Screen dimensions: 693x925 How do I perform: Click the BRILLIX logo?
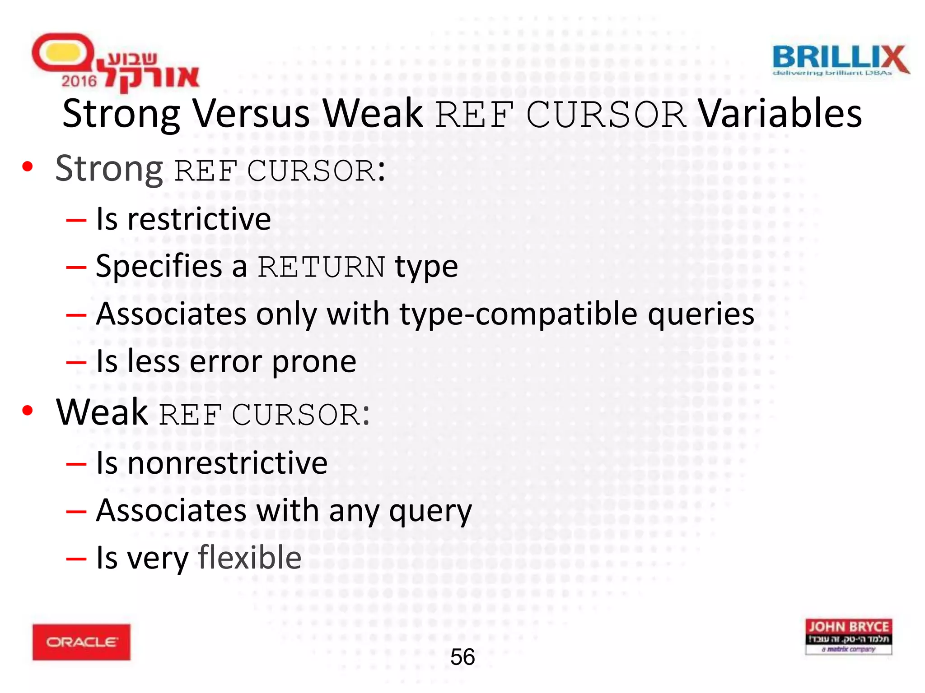pyautogui.click(x=840, y=60)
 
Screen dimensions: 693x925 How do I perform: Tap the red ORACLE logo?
pyautogui.click(x=81, y=642)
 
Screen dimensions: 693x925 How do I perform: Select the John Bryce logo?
pyautogui.click(x=848, y=636)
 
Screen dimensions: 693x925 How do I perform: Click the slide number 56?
pyautogui.click(x=462, y=657)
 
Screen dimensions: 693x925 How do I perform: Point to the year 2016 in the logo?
pyautogui.click(x=79, y=81)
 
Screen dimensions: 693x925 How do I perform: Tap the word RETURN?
pyautogui.click(x=321, y=267)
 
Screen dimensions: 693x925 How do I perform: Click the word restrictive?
pyautogui.click(x=199, y=219)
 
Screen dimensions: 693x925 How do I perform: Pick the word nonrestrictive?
pyautogui.click(x=228, y=463)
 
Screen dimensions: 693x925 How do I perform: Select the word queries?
pyautogui.click(x=701, y=314)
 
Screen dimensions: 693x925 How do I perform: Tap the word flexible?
pyautogui.click(x=250, y=558)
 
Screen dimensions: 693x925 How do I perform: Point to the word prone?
pyautogui.click(x=314, y=361)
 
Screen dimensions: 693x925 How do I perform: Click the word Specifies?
pyautogui.click(x=159, y=266)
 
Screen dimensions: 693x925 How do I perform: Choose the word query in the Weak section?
pyautogui.click(x=430, y=511)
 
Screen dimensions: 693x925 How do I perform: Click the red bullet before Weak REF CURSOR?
pyautogui.click(x=28, y=411)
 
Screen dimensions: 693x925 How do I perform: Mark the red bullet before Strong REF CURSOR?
pyautogui.click(x=28, y=167)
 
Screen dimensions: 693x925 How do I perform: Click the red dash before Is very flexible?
pyautogui.click(x=76, y=559)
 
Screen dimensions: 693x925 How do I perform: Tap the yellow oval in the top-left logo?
pyautogui.click(x=62, y=53)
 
